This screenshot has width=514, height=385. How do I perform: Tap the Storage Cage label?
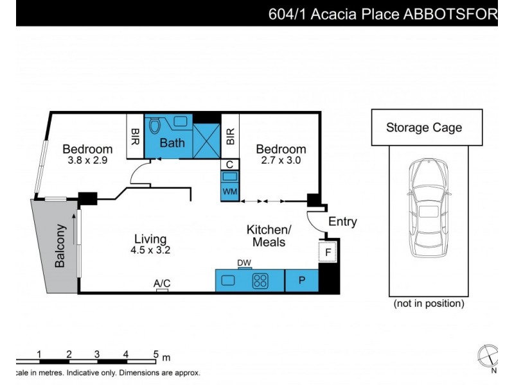[423, 128]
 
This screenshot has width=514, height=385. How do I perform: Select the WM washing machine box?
[230, 192]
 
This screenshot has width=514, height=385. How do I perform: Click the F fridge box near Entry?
[327, 252]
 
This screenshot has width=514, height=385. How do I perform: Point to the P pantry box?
[302, 280]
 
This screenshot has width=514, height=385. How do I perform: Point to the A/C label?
[162, 283]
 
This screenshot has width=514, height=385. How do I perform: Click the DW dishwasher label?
[244, 262]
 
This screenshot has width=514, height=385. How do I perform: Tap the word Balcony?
[60, 246]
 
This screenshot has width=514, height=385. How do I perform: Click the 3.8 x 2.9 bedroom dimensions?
[87, 160]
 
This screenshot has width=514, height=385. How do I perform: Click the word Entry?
[342, 222]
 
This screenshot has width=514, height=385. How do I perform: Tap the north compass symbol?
[488, 355]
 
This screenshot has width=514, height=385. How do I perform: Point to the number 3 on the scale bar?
[96, 354]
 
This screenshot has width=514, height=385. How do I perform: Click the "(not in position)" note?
[429, 304]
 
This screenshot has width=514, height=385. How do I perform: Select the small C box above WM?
[230, 165]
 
